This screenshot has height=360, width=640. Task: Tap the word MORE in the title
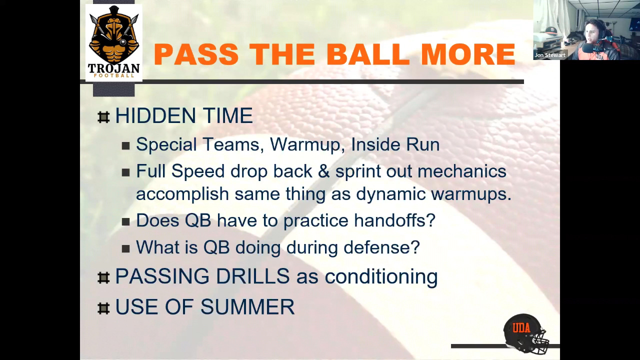[x=468, y=54]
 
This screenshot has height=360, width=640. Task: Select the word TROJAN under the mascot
[x=113, y=68]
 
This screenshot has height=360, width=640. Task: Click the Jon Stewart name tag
[x=550, y=55]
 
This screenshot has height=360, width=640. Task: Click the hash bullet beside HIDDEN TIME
[x=103, y=117]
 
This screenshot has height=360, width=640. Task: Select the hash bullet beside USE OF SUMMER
[x=103, y=308]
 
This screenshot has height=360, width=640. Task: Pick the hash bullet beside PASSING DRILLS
[x=103, y=277]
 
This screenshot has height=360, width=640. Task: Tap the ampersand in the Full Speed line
[x=323, y=171]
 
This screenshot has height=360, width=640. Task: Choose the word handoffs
[x=394, y=220]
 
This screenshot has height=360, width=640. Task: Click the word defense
[x=381, y=247]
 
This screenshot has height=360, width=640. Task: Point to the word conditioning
[x=381, y=277]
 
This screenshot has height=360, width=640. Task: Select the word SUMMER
[x=247, y=307]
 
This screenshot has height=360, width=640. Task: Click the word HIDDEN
[x=155, y=115]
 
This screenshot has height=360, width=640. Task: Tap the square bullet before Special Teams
[x=125, y=146]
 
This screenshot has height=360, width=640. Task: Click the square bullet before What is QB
[x=125, y=249]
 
